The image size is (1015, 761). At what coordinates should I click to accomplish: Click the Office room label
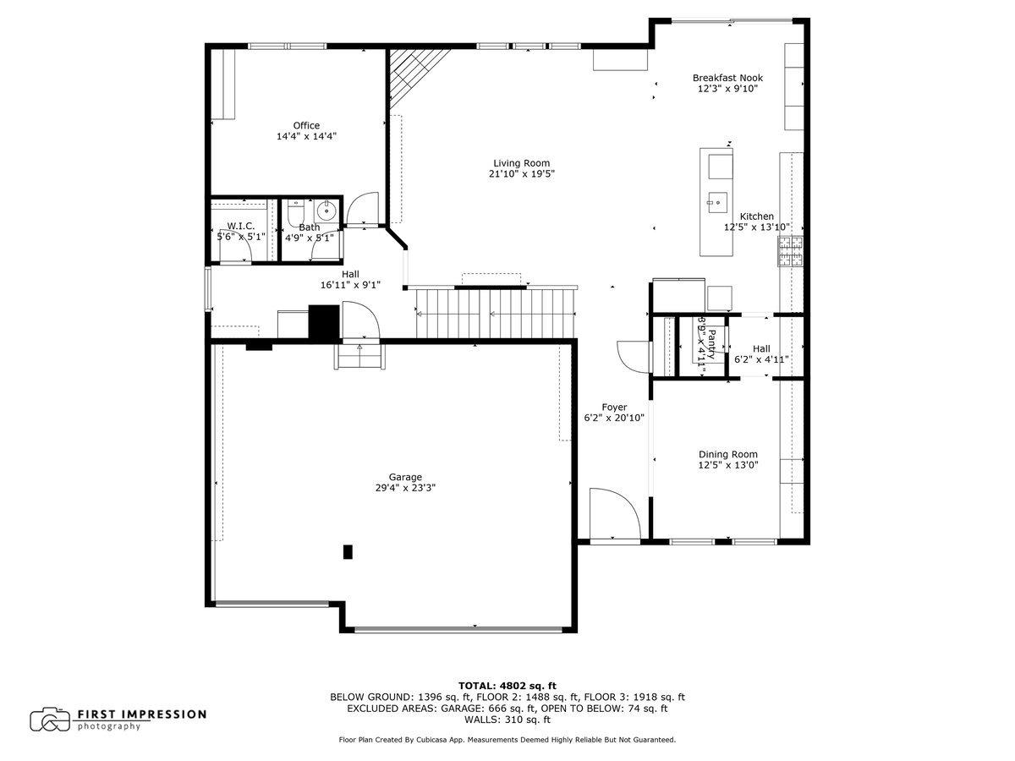[306, 125]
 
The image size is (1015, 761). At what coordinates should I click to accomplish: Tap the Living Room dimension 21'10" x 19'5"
[521, 174]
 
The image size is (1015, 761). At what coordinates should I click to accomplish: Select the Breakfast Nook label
[727, 77]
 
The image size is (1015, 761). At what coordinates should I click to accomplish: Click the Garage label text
[405, 477]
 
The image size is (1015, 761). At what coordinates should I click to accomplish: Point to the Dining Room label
[727, 454]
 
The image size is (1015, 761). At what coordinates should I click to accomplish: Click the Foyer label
[614, 407]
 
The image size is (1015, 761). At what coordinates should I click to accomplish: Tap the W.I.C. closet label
[240, 227]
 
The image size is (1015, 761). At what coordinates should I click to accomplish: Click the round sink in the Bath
[327, 211]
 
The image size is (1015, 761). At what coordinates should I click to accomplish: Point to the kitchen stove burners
[791, 251]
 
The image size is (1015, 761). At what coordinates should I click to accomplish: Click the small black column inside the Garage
[347, 552]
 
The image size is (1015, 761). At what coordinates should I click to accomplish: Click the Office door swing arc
[362, 210]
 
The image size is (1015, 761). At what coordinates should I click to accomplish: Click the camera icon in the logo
[50, 720]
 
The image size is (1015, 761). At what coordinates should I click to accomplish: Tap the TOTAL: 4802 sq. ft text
[507, 685]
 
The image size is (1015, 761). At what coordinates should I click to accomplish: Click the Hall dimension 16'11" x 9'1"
[349, 285]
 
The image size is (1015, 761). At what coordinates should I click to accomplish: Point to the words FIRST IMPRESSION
[142, 714]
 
